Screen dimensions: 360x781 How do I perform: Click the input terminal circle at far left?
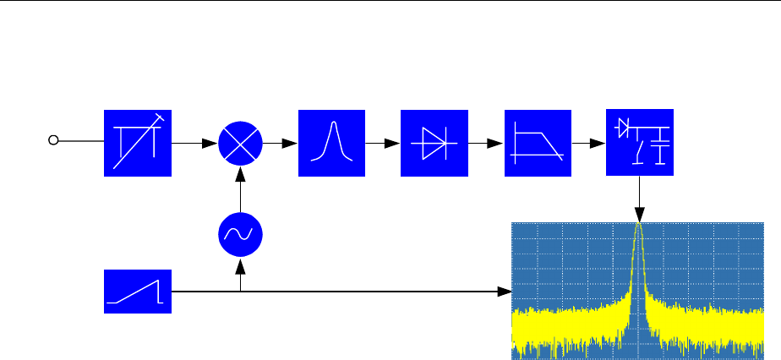(52, 141)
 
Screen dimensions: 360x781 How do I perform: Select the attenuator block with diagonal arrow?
(138, 143)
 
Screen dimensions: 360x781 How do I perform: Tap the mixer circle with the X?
(241, 143)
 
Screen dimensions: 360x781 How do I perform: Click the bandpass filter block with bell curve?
(332, 143)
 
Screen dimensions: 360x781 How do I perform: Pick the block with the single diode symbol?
(434, 143)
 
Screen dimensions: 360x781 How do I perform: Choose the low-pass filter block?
(538, 143)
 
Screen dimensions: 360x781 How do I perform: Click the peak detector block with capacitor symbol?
(640, 143)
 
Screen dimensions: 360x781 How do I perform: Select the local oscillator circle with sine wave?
(241, 236)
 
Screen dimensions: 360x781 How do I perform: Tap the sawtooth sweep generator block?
(138, 292)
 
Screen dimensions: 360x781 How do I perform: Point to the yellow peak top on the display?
(639, 226)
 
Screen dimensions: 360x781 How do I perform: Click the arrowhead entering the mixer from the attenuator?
(210, 143)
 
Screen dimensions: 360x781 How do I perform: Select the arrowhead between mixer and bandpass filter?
(290, 143)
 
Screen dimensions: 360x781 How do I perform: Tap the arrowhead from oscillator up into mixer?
(241, 173)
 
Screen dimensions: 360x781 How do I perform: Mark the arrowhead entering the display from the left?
(505, 292)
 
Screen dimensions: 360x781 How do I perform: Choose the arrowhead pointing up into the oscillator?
(241, 266)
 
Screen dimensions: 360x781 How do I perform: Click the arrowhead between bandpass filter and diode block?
(392, 143)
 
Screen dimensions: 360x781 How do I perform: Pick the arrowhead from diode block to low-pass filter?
(495, 143)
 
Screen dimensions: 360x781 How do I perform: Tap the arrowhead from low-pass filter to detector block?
(598, 143)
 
